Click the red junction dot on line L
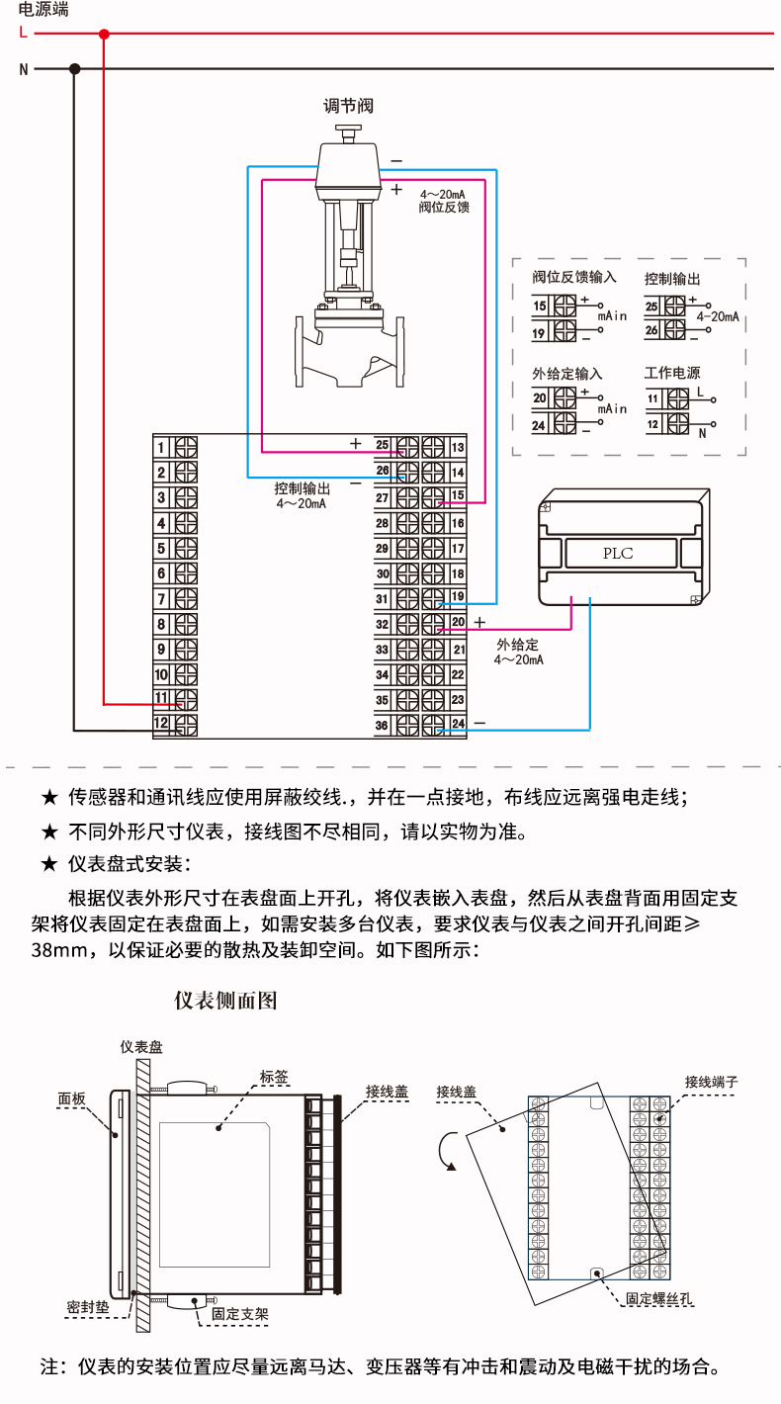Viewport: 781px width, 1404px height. tap(104, 34)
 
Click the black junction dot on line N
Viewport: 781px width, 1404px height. tap(74, 68)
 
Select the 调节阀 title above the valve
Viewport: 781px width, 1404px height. tap(350, 106)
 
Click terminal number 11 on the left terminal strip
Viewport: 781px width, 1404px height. tap(163, 699)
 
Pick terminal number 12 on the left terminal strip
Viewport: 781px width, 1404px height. tap(163, 724)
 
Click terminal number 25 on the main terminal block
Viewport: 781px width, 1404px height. tap(383, 447)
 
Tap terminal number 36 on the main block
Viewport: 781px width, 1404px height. tap(383, 726)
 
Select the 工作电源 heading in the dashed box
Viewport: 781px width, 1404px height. tap(672, 374)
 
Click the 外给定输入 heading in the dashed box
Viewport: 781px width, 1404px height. tap(566, 374)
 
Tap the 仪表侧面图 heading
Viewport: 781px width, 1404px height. tap(225, 1000)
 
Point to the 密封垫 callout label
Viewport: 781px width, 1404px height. tap(87, 1305)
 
